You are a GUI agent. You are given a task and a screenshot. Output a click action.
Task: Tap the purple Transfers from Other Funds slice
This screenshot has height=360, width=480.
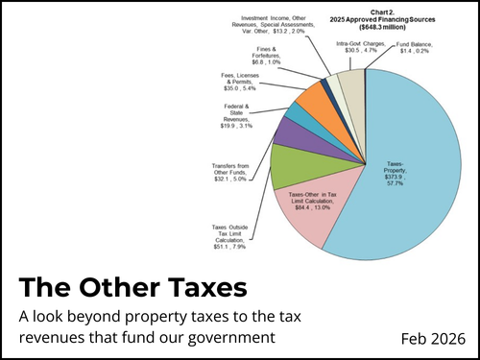point(290,135)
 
